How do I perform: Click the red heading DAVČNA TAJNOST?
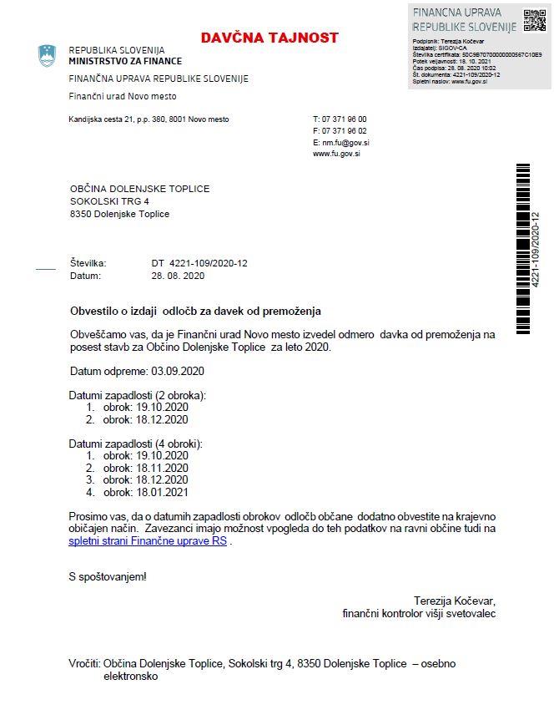269,38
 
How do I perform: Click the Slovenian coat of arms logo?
47,56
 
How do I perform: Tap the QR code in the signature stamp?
533,20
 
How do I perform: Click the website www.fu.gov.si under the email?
336,155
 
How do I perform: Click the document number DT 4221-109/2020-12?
199,263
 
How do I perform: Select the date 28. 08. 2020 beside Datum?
178,275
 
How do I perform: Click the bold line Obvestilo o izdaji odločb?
195,311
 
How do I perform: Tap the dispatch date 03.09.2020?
176,370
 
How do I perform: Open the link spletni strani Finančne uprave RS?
148,541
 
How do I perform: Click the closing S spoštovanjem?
108,576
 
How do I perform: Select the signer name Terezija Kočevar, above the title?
454,601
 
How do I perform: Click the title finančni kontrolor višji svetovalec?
419,613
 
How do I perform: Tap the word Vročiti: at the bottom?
84,664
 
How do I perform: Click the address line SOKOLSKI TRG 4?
109,201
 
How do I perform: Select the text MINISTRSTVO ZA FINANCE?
125,61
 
